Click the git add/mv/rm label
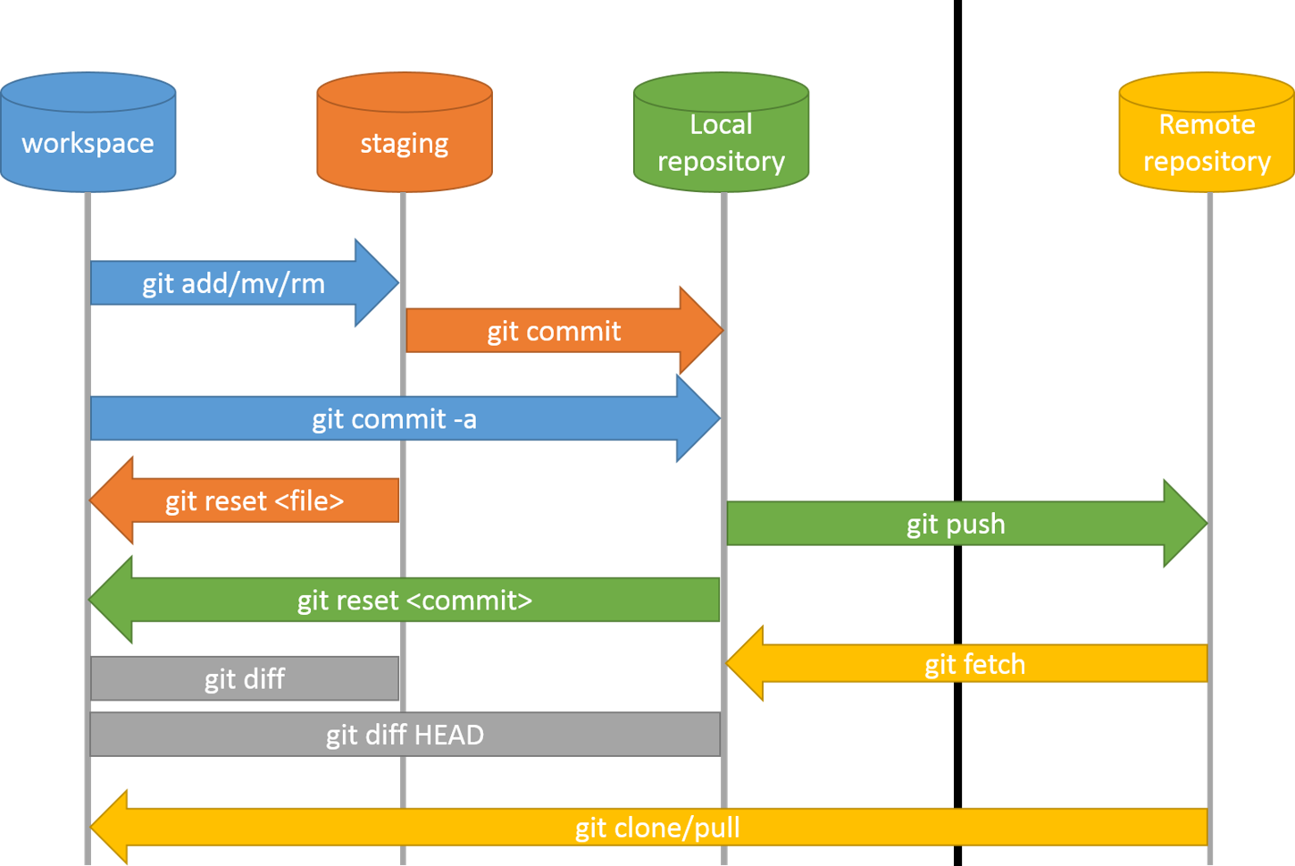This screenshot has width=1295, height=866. pos(233,283)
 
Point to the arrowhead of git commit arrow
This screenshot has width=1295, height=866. pos(700,330)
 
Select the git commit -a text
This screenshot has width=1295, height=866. pos(394,418)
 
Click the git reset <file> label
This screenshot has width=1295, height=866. pos(254,500)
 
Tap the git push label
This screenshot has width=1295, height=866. pos(956,524)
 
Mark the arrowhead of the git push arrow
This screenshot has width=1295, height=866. pos(1185,524)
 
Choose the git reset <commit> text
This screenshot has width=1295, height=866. pos(414,600)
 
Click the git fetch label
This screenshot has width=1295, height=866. pos(974,664)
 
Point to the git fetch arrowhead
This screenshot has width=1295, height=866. pos(747,663)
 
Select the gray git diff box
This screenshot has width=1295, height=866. pos(244,678)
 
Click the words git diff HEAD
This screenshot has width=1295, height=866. pos(405,735)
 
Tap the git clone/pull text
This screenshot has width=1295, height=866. pos(657,828)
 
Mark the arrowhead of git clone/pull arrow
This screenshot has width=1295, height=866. pos(111,828)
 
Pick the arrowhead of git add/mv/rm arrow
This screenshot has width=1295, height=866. pos(376,282)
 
